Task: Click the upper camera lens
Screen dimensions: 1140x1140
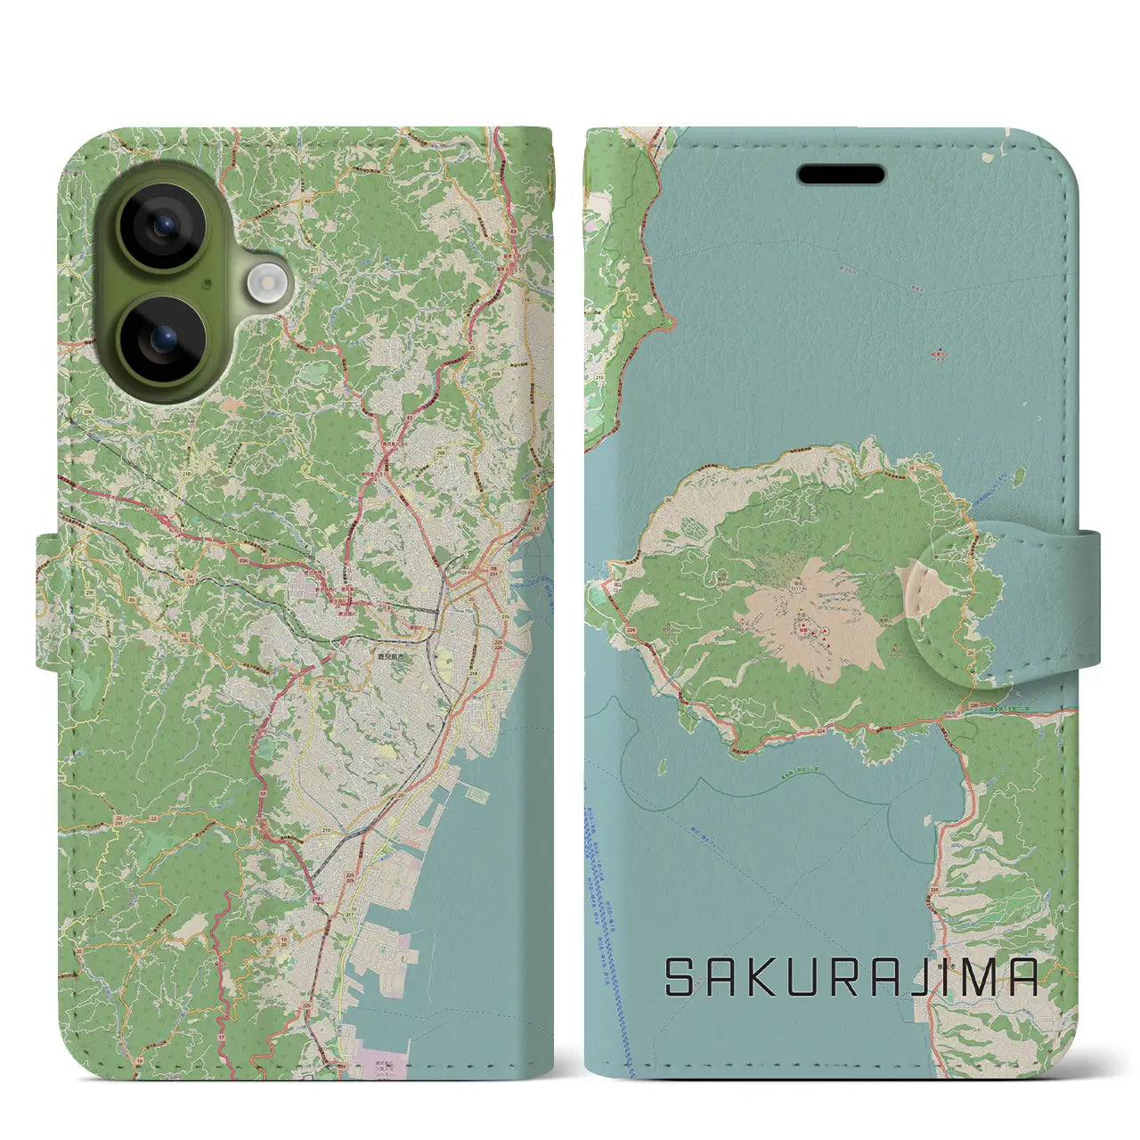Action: coord(161,226)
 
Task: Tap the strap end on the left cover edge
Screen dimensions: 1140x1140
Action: coord(49,600)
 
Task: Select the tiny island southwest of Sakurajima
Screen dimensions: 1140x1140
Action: coord(663,765)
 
